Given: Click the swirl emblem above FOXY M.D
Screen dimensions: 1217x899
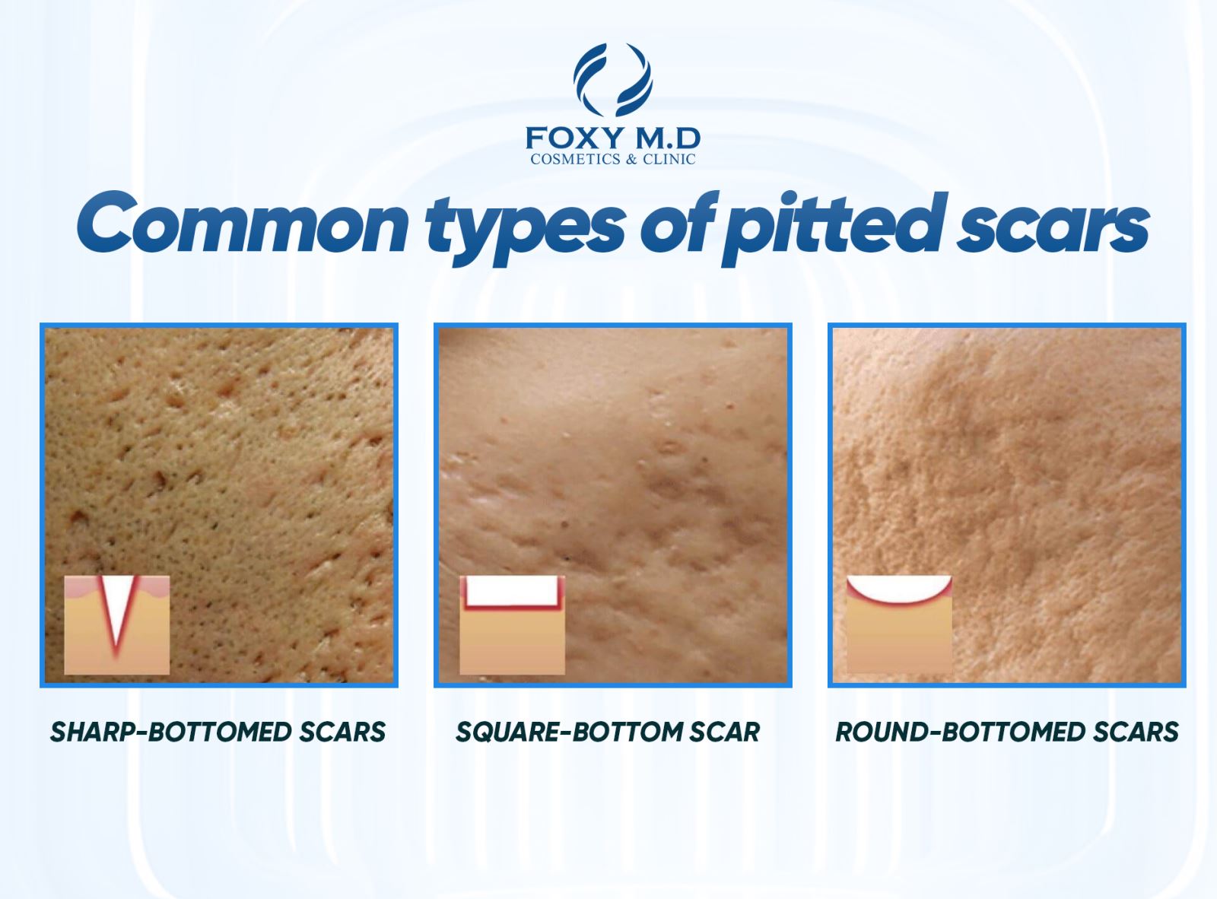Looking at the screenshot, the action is tap(612, 80).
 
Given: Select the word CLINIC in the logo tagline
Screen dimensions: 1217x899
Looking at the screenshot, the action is tap(669, 159).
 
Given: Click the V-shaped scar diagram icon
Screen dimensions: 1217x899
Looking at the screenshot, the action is tap(117, 624).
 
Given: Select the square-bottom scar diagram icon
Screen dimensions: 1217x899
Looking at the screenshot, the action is tap(512, 624).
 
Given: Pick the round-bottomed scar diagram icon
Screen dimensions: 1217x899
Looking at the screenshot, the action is tap(899, 624).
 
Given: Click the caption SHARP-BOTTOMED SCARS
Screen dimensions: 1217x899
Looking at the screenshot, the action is tap(218, 732).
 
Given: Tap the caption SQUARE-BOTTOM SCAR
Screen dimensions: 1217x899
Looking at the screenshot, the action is tap(608, 732).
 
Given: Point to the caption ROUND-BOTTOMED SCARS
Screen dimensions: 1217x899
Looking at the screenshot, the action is tap(1007, 732).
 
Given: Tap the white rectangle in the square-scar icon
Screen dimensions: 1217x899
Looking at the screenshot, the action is tap(512, 590).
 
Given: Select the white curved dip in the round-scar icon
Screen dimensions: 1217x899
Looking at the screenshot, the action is tap(899, 586).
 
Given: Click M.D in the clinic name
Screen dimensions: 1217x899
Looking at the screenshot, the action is tap(660, 138).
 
